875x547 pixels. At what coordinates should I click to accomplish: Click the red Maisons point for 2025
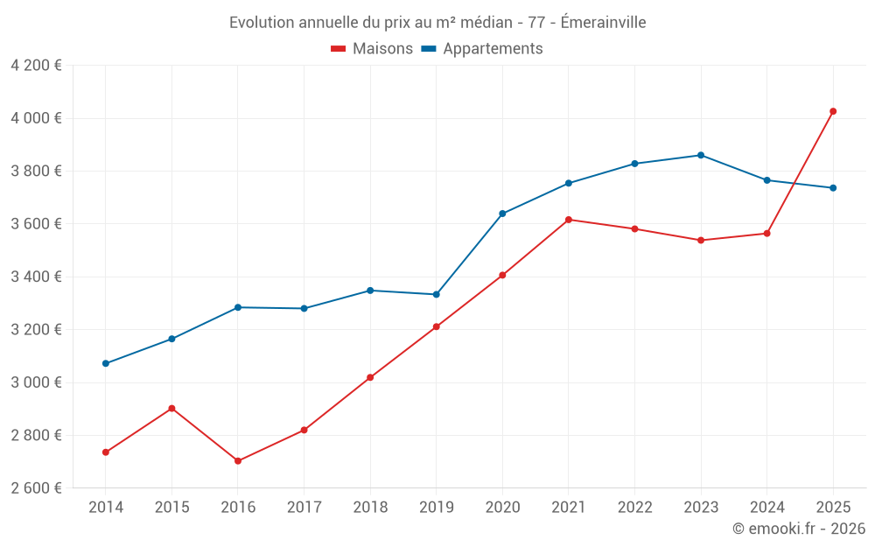(833, 111)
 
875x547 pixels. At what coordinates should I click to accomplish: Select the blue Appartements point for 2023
(701, 155)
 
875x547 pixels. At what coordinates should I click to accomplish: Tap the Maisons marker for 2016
(238, 460)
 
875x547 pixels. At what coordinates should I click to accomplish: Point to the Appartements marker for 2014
(106, 363)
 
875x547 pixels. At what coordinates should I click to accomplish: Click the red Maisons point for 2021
(569, 220)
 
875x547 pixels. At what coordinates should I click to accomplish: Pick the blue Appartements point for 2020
(502, 214)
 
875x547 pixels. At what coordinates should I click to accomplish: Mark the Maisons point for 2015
(171, 408)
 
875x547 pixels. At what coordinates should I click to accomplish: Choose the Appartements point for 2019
(437, 294)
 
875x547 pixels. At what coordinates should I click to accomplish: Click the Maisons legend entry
(372, 49)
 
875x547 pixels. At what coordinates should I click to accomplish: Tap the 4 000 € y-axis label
(36, 118)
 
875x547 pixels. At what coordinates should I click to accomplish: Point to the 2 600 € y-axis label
(36, 488)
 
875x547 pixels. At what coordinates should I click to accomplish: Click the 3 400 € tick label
(36, 277)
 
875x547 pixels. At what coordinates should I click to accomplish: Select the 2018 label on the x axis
(370, 507)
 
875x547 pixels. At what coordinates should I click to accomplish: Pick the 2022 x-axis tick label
(634, 507)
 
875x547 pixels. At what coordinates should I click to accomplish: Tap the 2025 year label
(833, 507)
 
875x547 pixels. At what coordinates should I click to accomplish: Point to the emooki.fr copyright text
(799, 529)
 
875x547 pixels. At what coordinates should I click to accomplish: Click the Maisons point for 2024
(766, 234)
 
